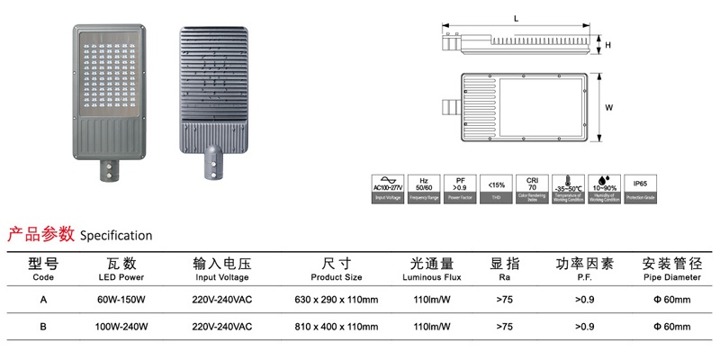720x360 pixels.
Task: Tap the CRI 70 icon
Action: point(531,185)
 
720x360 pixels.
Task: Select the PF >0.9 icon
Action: point(460,185)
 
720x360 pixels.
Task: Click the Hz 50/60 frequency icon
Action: point(424,185)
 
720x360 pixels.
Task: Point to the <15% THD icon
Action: point(496,185)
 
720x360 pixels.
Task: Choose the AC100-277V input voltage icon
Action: point(388,185)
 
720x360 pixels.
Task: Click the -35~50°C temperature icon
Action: point(567,185)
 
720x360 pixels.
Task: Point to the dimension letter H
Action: point(608,44)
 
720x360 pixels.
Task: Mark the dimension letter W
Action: point(609,107)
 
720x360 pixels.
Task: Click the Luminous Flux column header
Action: point(431,270)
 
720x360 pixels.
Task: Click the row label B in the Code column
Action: point(43,327)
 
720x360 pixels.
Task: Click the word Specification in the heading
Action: point(116,236)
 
